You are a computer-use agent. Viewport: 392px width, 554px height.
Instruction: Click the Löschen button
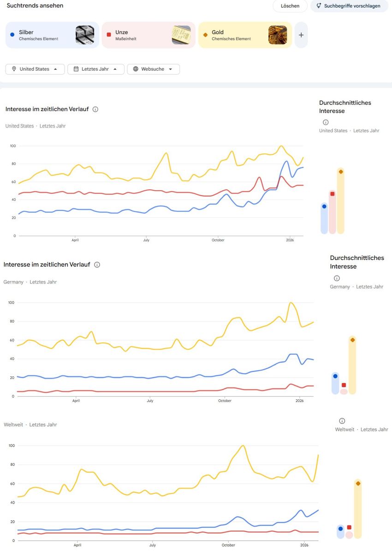click(x=290, y=6)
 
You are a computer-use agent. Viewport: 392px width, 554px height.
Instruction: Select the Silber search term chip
click(x=52, y=35)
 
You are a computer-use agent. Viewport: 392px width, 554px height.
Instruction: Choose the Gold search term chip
click(x=245, y=35)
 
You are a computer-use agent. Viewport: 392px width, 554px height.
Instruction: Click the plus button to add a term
click(x=301, y=35)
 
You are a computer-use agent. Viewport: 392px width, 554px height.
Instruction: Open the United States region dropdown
click(x=35, y=69)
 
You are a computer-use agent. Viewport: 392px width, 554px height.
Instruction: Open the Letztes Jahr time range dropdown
click(x=96, y=69)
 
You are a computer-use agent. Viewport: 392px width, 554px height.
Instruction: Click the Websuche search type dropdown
click(x=154, y=69)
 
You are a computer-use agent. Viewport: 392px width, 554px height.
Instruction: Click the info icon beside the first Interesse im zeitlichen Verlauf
click(x=95, y=109)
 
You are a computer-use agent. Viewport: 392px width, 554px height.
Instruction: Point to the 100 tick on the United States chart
click(x=13, y=146)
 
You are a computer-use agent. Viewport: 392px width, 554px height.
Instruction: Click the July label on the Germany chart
click(x=150, y=401)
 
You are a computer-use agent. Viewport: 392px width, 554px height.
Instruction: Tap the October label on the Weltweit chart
click(x=228, y=545)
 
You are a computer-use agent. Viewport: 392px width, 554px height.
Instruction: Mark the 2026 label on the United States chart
click(x=290, y=240)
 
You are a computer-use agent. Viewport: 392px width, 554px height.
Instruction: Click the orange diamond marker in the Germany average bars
click(x=352, y=340)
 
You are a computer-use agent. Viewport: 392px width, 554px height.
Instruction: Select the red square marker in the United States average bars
click(x=332, y=194)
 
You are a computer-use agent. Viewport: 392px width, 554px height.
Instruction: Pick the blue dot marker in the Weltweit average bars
click(x=341, y=529)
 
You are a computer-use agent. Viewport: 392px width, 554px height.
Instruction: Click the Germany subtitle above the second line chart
click(x=13, y=282)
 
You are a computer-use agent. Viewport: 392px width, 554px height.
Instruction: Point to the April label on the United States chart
click(x=75, y=240)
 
